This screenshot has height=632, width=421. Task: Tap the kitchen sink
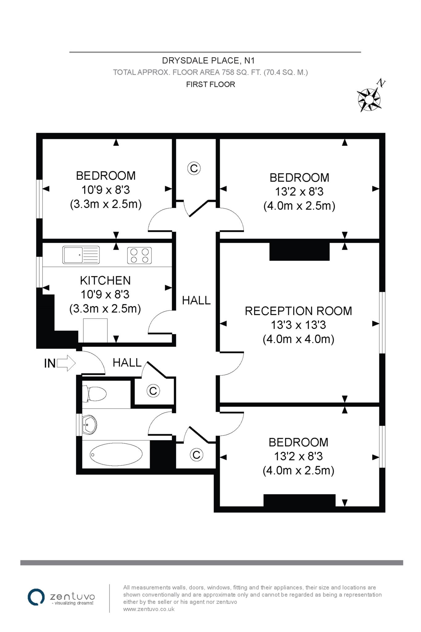[x=81, y=255]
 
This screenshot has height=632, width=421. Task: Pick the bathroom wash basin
[x=89, y=424]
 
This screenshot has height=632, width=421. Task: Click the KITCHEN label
[x=105, y=281]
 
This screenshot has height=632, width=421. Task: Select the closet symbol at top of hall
[x=194, y=168]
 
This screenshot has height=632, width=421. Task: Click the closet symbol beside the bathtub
[x=196, y=455]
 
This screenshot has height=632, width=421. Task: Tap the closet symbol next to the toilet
[x=153, y=391]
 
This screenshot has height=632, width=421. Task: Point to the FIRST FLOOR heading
[x=211, y=84]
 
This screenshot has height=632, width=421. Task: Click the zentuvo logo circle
[x=36, y=597]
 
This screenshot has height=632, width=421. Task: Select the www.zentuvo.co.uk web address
[x=149, y=609]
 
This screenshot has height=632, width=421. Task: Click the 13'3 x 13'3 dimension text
[x=299, y=325]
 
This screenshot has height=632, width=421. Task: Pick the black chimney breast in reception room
[x=299, y=252]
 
